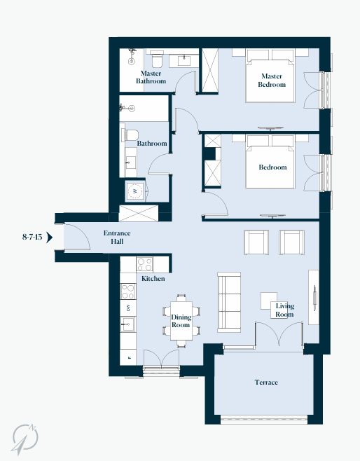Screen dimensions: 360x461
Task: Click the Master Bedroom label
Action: [x=272, y=81]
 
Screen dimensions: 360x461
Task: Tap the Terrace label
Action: [x=266, y=383]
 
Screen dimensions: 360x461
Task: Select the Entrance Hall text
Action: [x=117, y=238]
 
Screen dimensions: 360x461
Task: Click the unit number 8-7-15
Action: [x=32, y=237]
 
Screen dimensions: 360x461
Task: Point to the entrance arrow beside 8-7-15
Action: [x=49, y=238]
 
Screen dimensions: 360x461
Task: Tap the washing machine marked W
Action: [x=135, y=191]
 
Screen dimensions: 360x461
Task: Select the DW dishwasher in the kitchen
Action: [x=128, y=308]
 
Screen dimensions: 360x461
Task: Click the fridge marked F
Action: [x=128, y=357]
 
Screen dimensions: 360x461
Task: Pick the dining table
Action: [x=181, y=321]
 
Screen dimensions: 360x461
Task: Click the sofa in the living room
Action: [x=229, y=302]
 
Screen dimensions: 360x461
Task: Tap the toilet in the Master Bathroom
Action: [x=157, y=59]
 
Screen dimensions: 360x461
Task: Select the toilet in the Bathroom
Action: [x=132, y=135]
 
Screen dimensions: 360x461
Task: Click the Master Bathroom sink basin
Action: [x=184, y=61]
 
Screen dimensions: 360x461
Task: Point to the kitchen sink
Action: [x=128, y=324]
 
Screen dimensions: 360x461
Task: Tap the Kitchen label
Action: [x=153, y=278]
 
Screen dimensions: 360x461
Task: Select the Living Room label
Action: [x=284, y=310]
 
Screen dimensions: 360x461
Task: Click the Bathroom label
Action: [x=152, y=144]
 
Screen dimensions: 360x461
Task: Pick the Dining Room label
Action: [x=181, y=321]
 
